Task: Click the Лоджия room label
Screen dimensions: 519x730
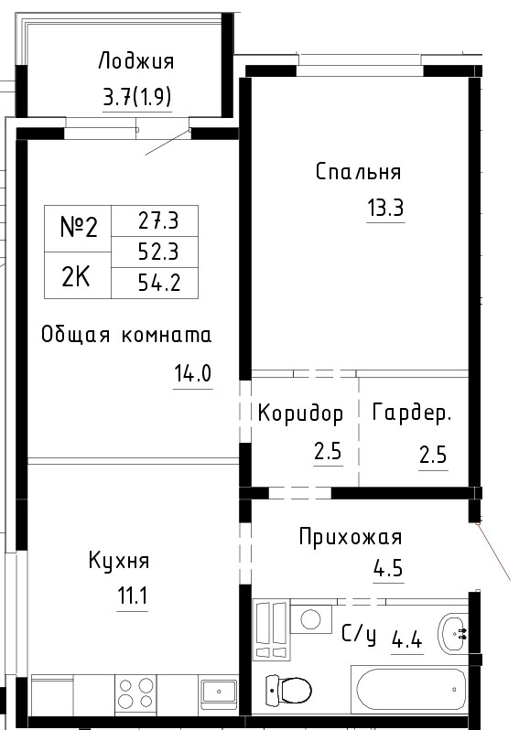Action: pos(136,61)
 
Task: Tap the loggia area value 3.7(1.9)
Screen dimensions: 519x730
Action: pos(137,97)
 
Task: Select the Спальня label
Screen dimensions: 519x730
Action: pos(358,171)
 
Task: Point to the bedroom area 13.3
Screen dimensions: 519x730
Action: pos(385,207)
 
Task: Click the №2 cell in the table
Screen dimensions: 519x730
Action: pos(79,228)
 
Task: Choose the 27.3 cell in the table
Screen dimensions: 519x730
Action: pos(155,220)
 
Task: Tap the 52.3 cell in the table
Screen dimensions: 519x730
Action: pos(155,252)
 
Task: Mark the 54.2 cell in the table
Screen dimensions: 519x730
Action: pos(155,283)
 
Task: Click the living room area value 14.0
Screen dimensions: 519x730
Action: pos(193,373)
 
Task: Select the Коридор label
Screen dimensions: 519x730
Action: pos(300,413)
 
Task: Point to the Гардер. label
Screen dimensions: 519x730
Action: pos(412,413)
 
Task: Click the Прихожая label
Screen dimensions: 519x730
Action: pos(351,537)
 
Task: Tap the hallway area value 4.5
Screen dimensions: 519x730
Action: pos(388,568)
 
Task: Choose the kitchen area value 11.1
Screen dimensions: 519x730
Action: pos(133,596)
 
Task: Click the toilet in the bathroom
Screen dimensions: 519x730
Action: pos(288,689)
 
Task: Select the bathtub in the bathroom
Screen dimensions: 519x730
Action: pos(411,690)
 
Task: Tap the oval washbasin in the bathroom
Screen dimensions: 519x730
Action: pos(452,633)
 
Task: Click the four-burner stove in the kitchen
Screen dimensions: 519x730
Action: pos(135,692)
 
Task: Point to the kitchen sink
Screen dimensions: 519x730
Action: pos(219,692)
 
